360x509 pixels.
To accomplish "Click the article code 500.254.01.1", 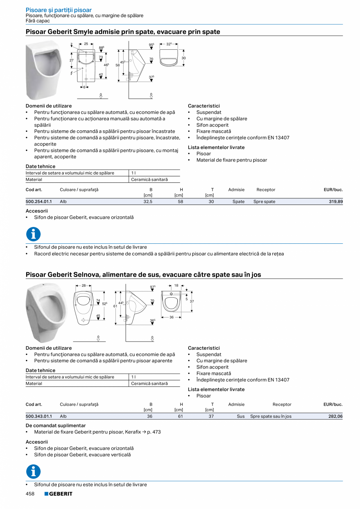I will [39, 201].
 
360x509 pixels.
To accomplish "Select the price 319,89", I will [335, 201].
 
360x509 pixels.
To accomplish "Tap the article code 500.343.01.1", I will [39, 416].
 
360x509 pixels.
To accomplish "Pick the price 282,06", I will [335, 416].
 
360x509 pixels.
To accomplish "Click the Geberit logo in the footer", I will [58, 494].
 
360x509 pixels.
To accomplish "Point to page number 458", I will [30, 494].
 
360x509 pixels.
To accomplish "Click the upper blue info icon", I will [33, 234].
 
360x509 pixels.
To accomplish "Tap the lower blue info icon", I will [33, 471].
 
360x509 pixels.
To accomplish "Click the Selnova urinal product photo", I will [47, 312].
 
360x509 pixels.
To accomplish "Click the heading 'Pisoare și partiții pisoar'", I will [59, 10].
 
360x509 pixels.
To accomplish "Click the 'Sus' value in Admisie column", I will [241, 416].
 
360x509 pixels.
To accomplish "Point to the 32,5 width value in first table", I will [148, 201].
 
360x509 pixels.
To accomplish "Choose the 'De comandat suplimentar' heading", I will [56, 425].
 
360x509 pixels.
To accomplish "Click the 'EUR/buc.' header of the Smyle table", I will [333, 190].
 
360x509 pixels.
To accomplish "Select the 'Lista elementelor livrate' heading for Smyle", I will [216, 147].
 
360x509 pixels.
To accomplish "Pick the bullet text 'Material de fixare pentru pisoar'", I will [232, 160].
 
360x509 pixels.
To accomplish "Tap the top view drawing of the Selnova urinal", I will [172, 301].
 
